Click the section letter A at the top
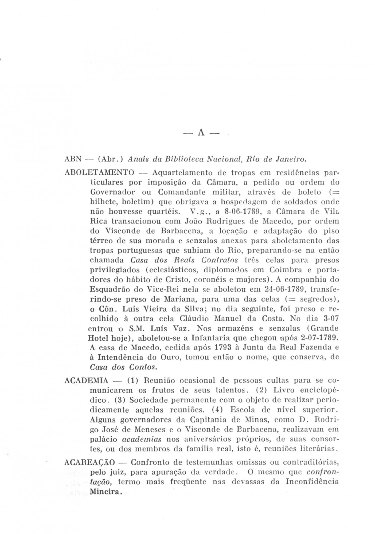tap(201, 133)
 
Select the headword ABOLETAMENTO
tap(99, 172)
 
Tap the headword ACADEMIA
tap(86, 380)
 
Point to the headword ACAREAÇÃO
tap(90, 462)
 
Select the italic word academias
tap(142, 439)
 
